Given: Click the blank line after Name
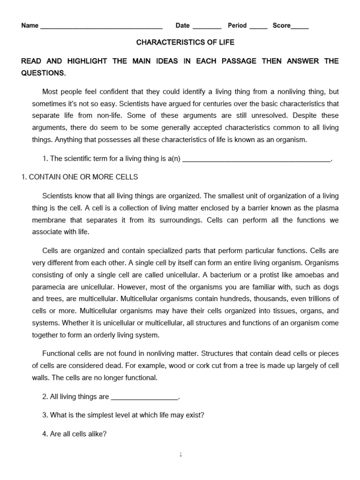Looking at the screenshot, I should [x=101, y=26].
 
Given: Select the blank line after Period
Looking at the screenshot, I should [x=258, y=26].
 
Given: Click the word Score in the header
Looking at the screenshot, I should [x=282, y=25].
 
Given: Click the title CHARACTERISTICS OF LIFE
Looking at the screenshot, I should [x=185, y=42].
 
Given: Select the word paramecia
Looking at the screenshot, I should [x=47, y=287].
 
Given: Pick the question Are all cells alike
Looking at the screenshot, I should [x=75, y=434].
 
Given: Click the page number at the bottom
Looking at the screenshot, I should [x=180, y=454].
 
